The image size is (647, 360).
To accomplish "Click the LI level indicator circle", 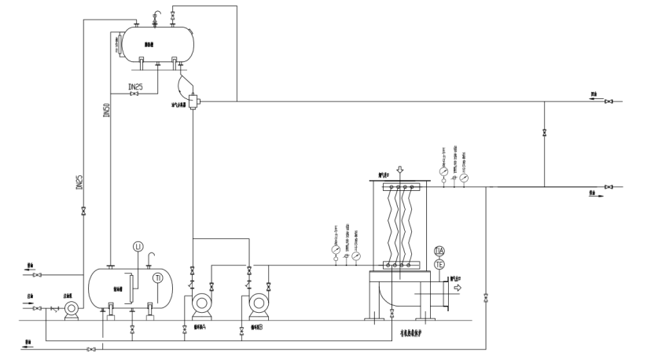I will click(x=138, y=247).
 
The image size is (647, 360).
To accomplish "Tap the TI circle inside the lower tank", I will click(x=158, y=278).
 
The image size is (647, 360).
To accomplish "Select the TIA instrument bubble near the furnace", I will click(x=439, y=251).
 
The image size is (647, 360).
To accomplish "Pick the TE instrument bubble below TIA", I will click(x=439, y=265).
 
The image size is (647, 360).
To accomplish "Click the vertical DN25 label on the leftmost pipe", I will click(x=79, y=182).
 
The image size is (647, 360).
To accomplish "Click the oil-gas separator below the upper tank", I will click(x=193, y=101).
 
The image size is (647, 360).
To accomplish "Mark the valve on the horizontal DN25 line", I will click(x=134, y=95).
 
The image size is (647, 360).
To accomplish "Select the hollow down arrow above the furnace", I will click(x=399, y=170).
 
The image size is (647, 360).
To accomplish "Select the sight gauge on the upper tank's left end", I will click(x=119, y=44).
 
